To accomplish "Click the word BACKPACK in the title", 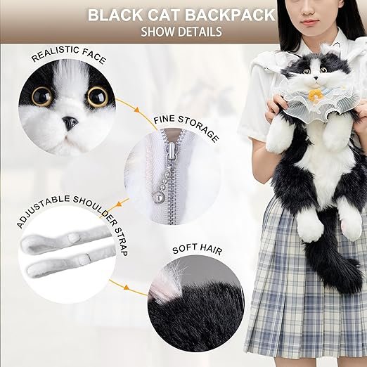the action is pyautogui.click(x=231, y=15).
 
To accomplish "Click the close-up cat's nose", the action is pyautogui.click(x=70, y=123).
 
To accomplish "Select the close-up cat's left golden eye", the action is pyautogui.click(x=42, y=96).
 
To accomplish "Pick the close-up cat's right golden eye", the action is pyautogui.click(x=98, y=96).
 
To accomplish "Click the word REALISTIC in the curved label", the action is pyautogui.click(x=55, y=54).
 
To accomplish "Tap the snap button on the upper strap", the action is pyautogui.click(x=72, y=238).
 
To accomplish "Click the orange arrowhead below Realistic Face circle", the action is pyautogui.click(x=136, y=110).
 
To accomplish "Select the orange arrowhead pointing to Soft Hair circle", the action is pyautogui.click(x=127, y=287).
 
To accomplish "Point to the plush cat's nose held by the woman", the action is pyautogui.click(x=316, y=78).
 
